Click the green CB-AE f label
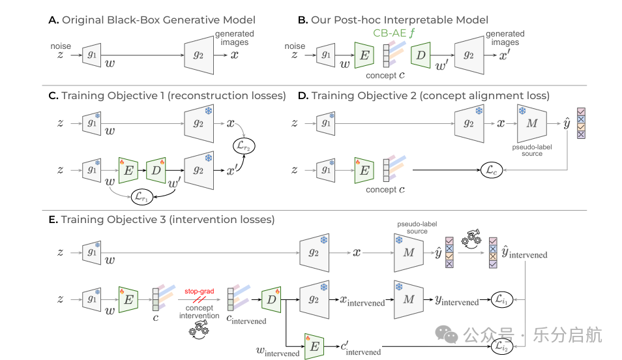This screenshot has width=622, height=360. [394, 33]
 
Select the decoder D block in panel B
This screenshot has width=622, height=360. [421, 55]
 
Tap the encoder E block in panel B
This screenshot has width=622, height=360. [364, 55]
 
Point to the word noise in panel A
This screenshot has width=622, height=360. [61, 46]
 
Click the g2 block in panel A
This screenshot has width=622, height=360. [199, 55]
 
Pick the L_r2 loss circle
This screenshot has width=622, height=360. [244, 146]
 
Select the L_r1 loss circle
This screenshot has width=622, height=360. [142, 197]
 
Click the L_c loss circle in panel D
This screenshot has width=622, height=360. [492, 170]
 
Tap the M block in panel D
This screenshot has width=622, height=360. [532, 123]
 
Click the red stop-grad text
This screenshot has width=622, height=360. [199, 292]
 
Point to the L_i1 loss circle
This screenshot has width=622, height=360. [502, 299]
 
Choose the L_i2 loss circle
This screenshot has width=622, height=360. [502, 346]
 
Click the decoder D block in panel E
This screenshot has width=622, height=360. [271, 299]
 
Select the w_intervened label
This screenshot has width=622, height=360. [278, 352]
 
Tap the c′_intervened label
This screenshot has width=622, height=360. [361, 348]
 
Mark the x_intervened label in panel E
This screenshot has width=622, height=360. [363, 301]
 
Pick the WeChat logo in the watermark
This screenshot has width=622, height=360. [446, 335]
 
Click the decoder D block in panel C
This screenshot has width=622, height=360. [156, 170]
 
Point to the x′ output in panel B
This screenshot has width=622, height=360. [504, 55]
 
